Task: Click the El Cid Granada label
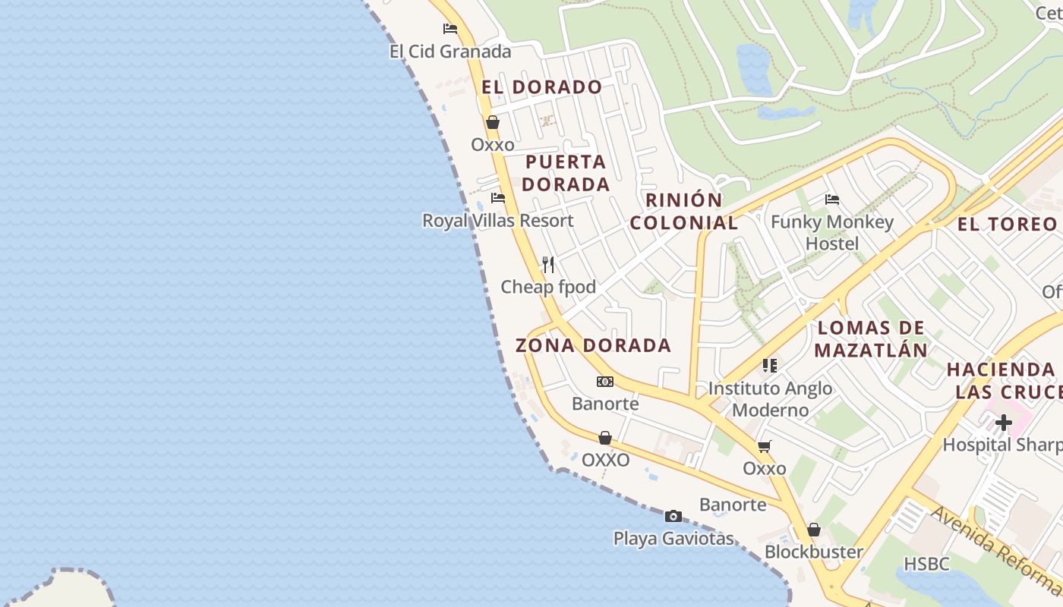click(450, 52)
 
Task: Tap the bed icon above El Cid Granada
click(450, 29)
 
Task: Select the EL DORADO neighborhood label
click(541, 87)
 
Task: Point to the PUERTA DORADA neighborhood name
click(566, 173)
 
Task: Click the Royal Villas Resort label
click(498, 221)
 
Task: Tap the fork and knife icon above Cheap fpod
click(548, 265)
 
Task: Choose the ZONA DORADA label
click(593, 346)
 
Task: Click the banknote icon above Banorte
click(605, 382)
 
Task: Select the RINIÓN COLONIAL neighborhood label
click(683, 212)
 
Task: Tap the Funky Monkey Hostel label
click(832, 232)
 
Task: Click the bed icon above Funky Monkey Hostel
click(832, 200)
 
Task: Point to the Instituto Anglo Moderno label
click(770, 399)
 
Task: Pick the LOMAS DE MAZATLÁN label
click(872, 339)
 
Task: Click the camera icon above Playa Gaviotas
click(673, 517)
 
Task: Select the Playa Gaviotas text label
click(673, 539)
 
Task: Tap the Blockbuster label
click(814, 552)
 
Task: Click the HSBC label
click(926, 564)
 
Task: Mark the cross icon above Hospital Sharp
click(1004, 423)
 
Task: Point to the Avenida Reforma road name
click(994, 549)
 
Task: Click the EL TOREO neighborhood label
click(1007, 224)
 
